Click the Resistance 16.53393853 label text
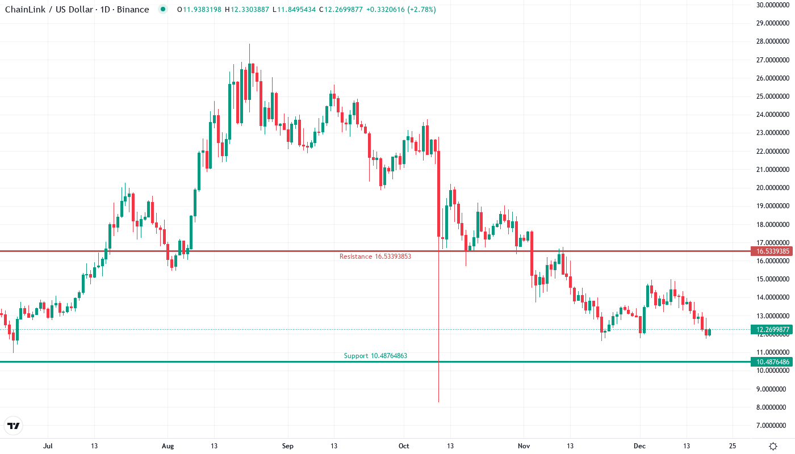point(375,257)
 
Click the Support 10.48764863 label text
point(375,356)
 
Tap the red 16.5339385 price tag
point(769,251)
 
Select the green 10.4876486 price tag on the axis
point(769,362)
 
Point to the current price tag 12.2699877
point(769,329)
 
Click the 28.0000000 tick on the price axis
point(772,41)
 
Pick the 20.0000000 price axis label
point(772,188)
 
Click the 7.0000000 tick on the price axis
point(773,426)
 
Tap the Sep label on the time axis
point(288,446)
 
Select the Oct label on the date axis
point(404,446)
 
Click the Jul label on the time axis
point(48,446)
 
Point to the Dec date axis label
point(640,446)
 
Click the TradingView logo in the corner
point(14,425)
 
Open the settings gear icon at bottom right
point(773,446)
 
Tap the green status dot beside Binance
point(163,9)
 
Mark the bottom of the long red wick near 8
point(439,402)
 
